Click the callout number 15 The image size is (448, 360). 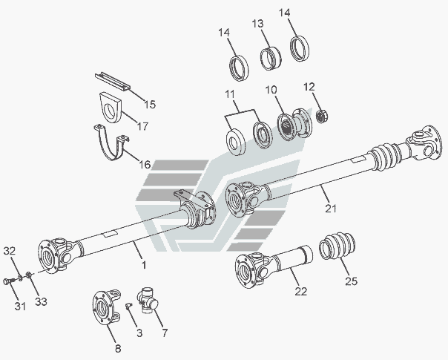[x=150, y=105]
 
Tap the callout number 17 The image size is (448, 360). [x=142, y=125]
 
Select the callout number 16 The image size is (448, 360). [x=145, y=165]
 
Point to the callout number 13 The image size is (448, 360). [x=257, y=24]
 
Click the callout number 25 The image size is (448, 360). [x=351, y=281]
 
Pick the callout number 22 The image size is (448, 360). [x=301, y=292]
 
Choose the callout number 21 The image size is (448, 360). [x=331, y=209]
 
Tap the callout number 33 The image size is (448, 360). [x=41, y=301]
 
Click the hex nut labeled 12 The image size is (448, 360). [x=322, y=116]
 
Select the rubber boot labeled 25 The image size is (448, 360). [x=337, y=246]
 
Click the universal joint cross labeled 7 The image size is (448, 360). [x=148, y=300]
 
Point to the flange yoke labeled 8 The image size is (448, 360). [x=106, y=307]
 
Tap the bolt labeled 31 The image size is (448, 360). [x=8, y=281]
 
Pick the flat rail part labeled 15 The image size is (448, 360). [x=113, y=82]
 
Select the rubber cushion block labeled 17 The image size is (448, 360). [x=111, y=108]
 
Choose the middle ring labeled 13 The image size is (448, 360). [x=270, y=59]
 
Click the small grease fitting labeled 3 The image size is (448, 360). [x=128, y=306]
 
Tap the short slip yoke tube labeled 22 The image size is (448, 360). [x=274, y=266]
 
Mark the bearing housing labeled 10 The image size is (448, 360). [x=294, y=125]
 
